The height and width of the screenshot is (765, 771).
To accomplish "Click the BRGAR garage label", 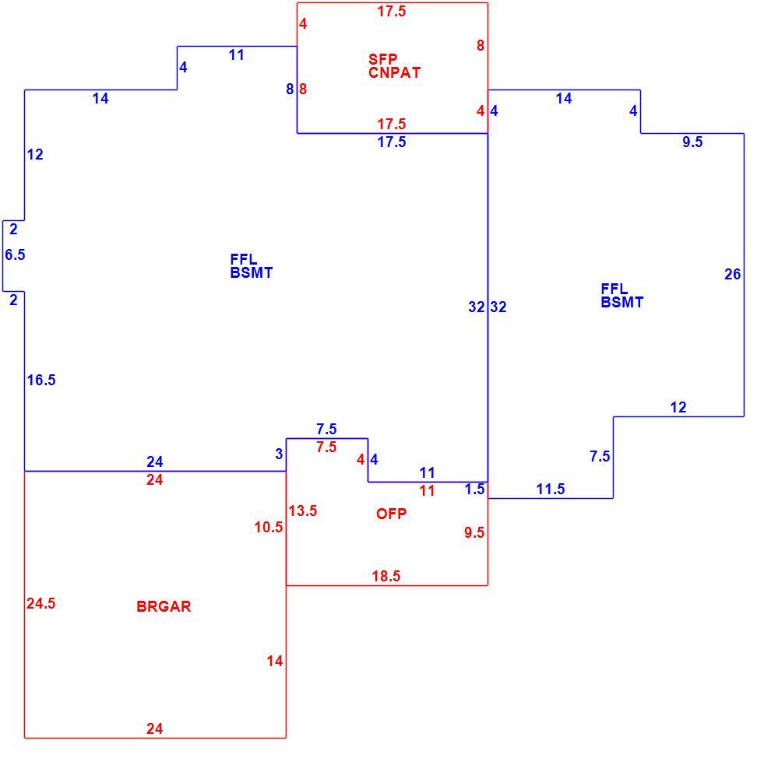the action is point(164,606).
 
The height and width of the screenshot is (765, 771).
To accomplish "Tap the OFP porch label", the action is point(392,514).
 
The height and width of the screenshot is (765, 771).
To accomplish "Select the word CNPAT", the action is point(394,72).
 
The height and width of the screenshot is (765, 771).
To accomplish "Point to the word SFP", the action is point(383,59).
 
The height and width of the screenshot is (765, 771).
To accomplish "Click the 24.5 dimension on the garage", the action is point(40,603).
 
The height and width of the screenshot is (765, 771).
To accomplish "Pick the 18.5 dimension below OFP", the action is point(386,576).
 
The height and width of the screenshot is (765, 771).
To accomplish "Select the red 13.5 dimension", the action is point(303,511).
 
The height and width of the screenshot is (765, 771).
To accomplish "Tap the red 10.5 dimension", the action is point(269,527).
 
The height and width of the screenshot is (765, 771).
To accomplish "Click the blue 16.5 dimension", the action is point(41,380).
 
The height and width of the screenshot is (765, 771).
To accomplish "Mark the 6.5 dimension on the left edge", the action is point(15,254).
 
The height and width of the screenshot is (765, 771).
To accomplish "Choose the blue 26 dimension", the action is point(733,274).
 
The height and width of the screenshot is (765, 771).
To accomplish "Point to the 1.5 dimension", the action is point(475,489).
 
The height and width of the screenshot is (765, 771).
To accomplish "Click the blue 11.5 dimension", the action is point(551,489).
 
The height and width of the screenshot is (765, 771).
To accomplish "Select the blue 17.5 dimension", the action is point(392,142).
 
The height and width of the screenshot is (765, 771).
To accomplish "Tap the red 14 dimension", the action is point(275,661).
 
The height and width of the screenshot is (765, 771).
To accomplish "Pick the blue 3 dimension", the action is point(279,454).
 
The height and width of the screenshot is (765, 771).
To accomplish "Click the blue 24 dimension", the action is point(155,461).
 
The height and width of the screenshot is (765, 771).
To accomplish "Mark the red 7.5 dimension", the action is point(326,447).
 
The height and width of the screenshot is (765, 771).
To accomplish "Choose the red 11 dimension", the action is point(428,490).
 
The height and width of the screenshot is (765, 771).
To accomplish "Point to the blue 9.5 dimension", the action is point(693,142).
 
